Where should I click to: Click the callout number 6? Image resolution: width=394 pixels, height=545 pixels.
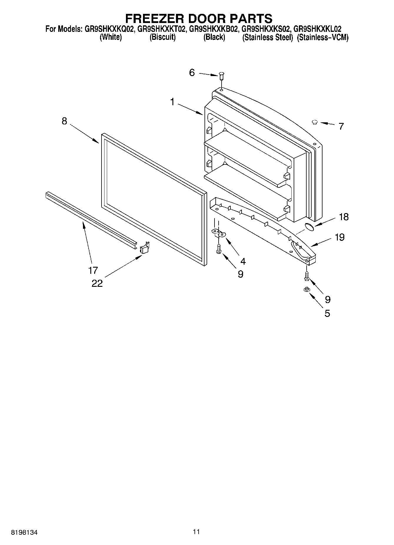tap(192, 73)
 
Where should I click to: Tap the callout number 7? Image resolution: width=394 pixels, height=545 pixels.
tap(341, 126)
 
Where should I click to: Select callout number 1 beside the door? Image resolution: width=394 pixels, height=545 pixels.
tap(172, 102)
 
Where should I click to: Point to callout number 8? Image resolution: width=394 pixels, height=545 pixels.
tap(64, 121)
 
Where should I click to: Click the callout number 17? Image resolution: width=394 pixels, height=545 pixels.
tap(93, 270)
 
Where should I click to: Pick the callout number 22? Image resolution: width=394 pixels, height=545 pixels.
tap(97, 283)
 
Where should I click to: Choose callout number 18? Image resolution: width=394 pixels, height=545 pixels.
tap(344, 217)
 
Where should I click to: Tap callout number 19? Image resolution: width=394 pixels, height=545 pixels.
tap(340, 237)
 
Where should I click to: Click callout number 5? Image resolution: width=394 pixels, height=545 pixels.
tap(327, 313)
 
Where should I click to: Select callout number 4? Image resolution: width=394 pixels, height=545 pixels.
tap(243, 261)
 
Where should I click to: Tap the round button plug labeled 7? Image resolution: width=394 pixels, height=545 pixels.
tap(315, 122)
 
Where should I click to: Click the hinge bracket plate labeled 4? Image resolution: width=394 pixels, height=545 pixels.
tap(219, 234)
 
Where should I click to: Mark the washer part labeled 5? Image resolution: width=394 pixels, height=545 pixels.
tap(306, 290)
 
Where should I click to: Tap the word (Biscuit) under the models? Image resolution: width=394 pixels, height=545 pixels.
tap(162, 37)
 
